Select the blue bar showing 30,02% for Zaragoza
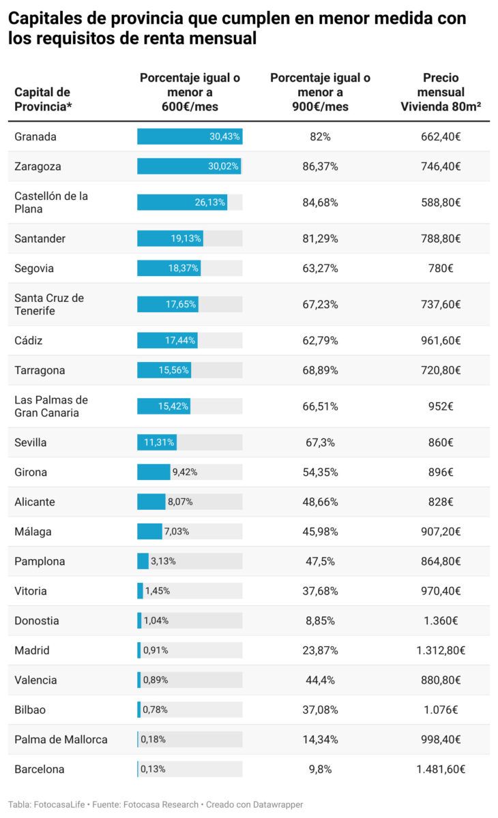coord(189,166)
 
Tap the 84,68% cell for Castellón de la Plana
coord(320,202)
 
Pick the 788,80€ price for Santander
coord(441,239)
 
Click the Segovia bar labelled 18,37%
coord(169,269)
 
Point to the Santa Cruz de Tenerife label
coord(49,304)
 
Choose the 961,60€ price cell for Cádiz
coord(441,340)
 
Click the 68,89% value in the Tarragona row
coord(320,370)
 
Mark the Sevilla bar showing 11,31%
coord(156,442)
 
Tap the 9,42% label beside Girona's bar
coord(184,472)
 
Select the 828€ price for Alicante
coord(441,502)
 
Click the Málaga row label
coord(33,532)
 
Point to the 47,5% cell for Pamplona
coord(320,562)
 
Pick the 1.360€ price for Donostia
coord(441,621)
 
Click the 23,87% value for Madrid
coord(320,650)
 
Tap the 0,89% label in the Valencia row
coord(155,680)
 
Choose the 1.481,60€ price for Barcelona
coord(441,769)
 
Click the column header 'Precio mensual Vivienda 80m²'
coord(441,92)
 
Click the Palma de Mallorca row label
coord(61,740)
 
